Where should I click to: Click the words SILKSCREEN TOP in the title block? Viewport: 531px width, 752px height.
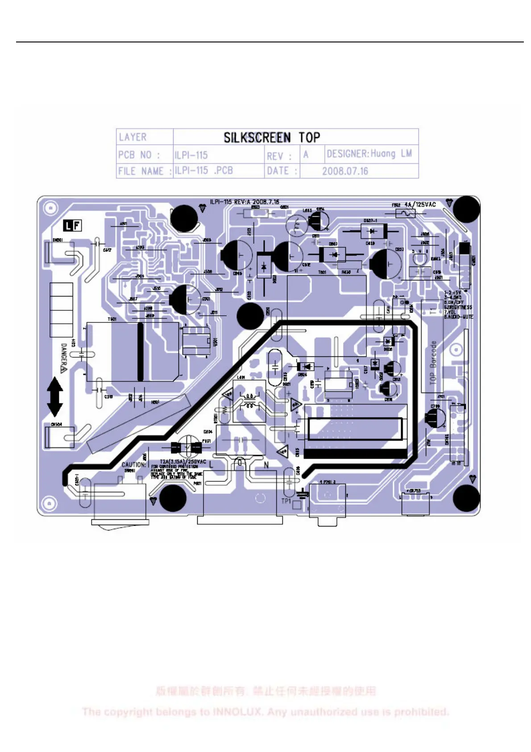[271, 137]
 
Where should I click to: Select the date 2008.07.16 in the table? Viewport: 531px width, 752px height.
[345, 171]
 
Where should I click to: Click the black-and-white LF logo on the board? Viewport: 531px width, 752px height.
[72, 226]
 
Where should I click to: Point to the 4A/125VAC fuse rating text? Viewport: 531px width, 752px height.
[420, 205]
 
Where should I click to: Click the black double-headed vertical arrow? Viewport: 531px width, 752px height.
[55, 397]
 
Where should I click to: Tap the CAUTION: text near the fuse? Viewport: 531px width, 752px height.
[133, 464]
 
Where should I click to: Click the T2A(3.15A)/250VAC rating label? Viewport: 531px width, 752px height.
[183, 462]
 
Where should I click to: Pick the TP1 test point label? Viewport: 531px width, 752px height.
[286, 501]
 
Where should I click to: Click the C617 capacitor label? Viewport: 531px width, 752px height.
[108, 250]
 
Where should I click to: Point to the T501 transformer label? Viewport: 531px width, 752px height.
[112, 319]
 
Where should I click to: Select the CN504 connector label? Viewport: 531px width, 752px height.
[56, 424]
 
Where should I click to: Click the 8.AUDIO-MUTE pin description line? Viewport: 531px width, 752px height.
[458, 317]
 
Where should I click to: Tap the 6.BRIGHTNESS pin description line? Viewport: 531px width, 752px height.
[458, 307]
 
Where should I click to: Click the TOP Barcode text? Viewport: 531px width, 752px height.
[433, 362]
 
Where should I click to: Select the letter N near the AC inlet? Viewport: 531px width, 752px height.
[266, 465]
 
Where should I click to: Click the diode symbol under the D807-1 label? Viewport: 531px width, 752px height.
[371, 231]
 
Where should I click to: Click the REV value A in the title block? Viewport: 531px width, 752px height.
[306, 154]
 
